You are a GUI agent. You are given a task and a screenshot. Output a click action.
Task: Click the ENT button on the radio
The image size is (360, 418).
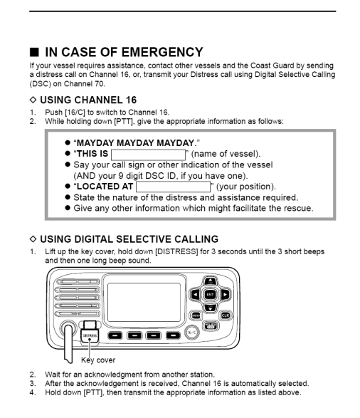point(210,295)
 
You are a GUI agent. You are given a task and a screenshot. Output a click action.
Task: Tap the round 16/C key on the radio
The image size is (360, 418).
point(191,333)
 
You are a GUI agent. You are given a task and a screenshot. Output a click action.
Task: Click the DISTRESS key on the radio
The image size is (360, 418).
point(90,335)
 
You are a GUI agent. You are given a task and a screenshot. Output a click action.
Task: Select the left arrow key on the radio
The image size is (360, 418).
point(196,295)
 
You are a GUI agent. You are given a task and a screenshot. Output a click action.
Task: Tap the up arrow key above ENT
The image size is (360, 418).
point(211,281)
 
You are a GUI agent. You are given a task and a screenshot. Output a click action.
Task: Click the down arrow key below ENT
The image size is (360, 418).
point(211,308)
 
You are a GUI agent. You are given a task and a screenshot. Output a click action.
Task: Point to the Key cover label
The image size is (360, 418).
point(98,360)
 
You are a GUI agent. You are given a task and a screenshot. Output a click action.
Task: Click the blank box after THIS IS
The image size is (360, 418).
point(148,155)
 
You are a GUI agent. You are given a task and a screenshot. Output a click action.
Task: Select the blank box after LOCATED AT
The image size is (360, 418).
point(173,187)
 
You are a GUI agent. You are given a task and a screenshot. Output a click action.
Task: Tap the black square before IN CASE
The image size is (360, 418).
point(34,52)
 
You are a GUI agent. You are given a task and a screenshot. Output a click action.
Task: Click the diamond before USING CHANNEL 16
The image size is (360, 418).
point(33,100)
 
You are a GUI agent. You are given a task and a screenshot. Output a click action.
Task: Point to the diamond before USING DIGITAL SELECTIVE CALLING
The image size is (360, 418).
point(33,239)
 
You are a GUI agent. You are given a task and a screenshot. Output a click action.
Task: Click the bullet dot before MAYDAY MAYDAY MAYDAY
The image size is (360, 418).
point(68,142)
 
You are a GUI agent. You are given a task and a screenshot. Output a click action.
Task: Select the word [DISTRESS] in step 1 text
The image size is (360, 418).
point(176,251)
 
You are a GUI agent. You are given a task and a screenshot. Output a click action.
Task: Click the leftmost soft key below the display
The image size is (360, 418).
point(115,335)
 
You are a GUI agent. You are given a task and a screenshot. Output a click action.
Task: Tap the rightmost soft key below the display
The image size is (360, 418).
point(173,335)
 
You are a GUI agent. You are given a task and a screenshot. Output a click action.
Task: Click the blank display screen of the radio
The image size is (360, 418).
point(144,303)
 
